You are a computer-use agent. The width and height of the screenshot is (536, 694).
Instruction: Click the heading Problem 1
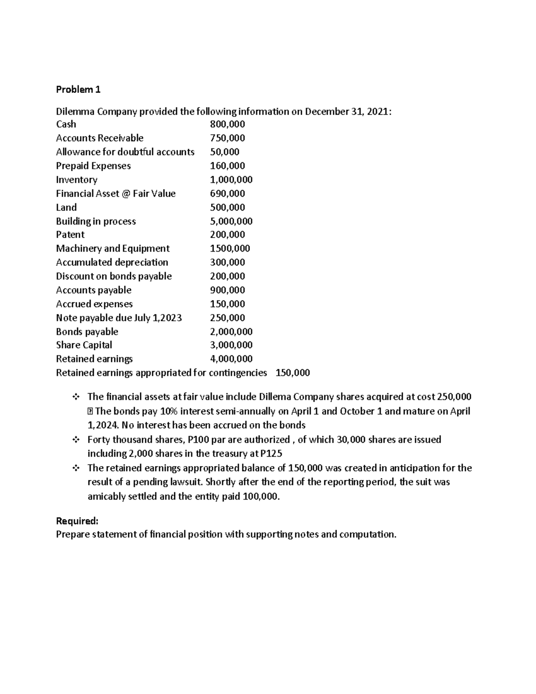[78, 89]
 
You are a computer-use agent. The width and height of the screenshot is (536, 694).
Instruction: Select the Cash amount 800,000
[227, 124]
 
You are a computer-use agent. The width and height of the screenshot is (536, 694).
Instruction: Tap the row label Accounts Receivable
[100, 138]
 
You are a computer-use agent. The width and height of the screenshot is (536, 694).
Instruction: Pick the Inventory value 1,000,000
[231, 180]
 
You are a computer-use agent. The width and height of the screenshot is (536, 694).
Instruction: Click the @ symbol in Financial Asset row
[126, 193]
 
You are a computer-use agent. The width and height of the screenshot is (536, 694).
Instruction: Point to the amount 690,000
[227, 193]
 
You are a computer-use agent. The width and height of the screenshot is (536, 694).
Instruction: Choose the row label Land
[66, 207]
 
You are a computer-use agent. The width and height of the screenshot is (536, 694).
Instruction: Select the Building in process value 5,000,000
[231, 221]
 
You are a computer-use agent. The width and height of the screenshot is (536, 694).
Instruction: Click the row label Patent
[70, 235]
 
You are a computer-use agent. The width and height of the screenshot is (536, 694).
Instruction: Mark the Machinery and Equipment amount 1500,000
[230, 248]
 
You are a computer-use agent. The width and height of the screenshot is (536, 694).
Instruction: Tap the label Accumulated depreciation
[112, 262]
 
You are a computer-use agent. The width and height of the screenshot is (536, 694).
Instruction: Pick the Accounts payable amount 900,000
[227, 290]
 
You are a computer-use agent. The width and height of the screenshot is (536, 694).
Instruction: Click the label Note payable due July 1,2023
[119, 318]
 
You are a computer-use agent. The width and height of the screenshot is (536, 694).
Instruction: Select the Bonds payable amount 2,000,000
[231, 332]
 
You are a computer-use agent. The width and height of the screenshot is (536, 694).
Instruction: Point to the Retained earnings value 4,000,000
[231, 359]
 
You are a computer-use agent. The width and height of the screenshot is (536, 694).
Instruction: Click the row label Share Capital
[84, 345]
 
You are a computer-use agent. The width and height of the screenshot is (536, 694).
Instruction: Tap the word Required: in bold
[77, 521]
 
